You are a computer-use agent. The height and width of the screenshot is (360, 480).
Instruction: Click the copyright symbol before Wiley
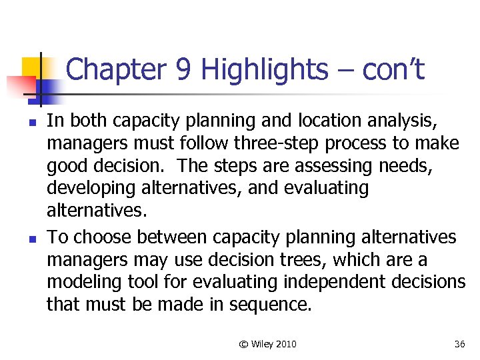[x=244, y=344]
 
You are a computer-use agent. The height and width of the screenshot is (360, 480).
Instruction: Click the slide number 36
[x=459, y=344]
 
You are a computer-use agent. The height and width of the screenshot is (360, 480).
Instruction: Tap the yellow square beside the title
[x=29, y=67]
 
